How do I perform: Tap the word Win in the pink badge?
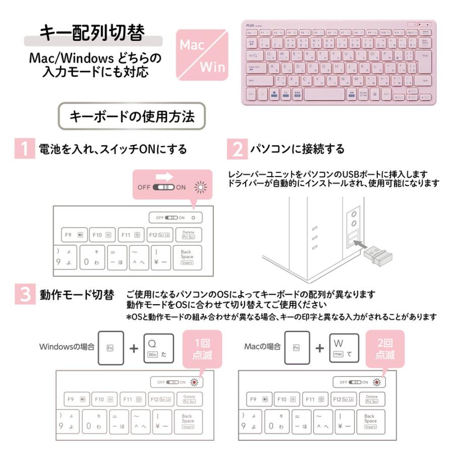click(x=212, y=66)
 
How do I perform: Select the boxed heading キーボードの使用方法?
click(x=132, y=117)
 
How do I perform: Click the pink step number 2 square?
click(x=237, y=149)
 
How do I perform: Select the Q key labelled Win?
click(x=158, y=348)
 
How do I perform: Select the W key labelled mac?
click(x=344, y=348)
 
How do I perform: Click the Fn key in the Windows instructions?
click(x=110, y=348)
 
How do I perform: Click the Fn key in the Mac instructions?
click(x=296, y=348)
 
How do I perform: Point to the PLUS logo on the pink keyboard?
click(x=251, y=24)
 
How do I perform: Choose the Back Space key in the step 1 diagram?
click(x=187, y=257)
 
